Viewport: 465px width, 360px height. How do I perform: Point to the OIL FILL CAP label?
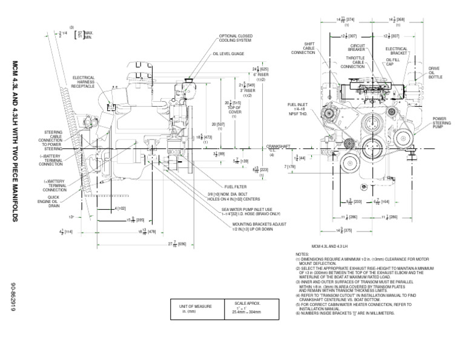(394, 62)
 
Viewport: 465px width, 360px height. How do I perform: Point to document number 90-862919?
(15, 300)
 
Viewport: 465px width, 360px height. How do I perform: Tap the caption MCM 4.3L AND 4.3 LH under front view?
(332, 246)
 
